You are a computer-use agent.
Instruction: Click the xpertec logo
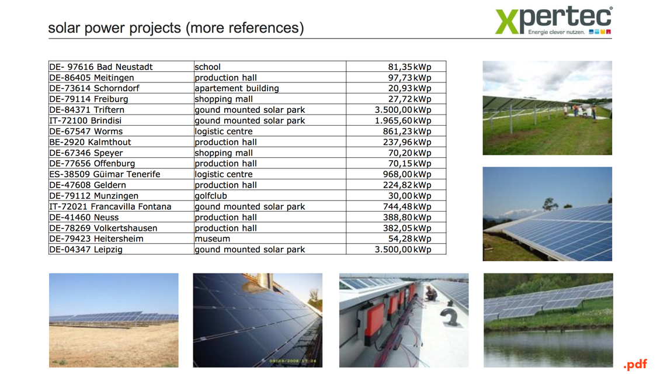554,20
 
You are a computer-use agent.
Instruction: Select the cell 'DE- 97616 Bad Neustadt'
121,67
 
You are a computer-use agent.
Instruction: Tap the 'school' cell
270,67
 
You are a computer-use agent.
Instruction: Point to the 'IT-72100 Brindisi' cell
121,120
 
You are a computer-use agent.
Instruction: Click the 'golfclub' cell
270,196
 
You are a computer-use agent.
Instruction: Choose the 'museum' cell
270,239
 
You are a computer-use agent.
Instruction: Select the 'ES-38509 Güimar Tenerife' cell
121,174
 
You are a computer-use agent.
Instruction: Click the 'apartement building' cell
270,88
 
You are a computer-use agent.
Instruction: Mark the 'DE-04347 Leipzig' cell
121,250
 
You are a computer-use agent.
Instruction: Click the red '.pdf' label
635,365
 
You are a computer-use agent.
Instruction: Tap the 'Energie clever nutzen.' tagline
556,32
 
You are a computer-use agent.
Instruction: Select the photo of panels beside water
548,320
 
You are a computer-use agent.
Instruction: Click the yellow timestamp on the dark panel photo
293,361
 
